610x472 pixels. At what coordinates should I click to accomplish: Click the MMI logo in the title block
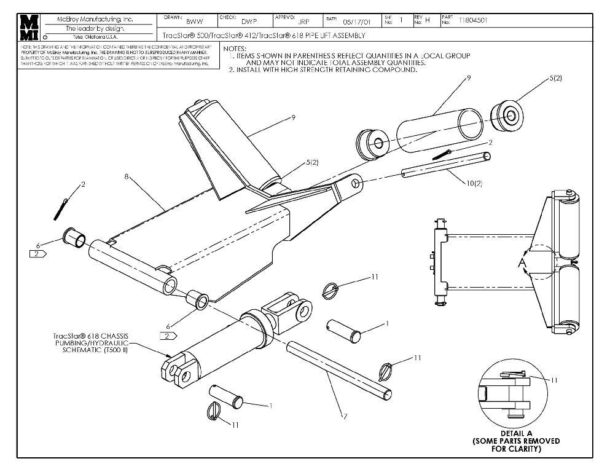click(x=28, y=28)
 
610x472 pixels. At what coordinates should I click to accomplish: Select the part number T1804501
click(x=475, y=20)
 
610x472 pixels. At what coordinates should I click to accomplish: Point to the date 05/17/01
click(x=357, y=21)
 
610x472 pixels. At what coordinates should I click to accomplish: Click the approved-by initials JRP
click(x=303, y=21)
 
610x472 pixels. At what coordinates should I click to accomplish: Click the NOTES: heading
click(x=235, y=49)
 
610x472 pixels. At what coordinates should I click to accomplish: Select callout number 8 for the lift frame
click(x=126, y=176)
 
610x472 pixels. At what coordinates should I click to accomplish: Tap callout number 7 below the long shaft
click(x=345, y=417)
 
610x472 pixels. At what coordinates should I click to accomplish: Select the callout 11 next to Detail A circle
click(x=553, y=380)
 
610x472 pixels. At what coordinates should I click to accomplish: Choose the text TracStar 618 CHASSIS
click(x=90, y=336)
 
